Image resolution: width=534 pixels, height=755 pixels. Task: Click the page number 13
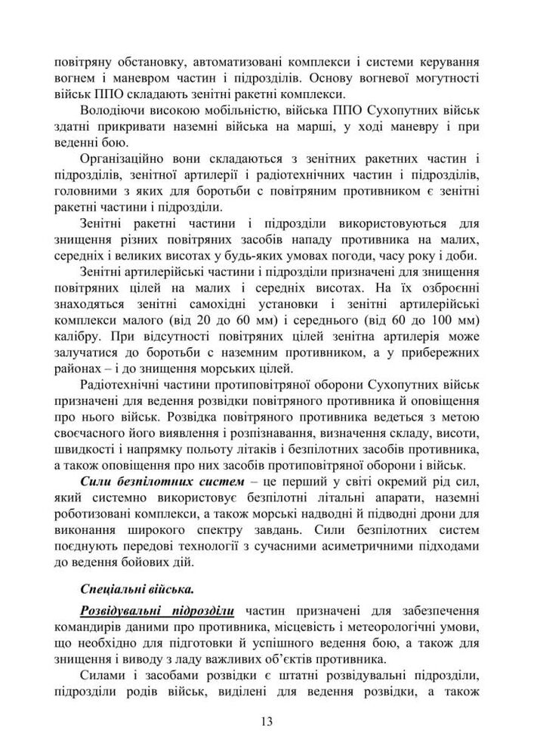(267, 721)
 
